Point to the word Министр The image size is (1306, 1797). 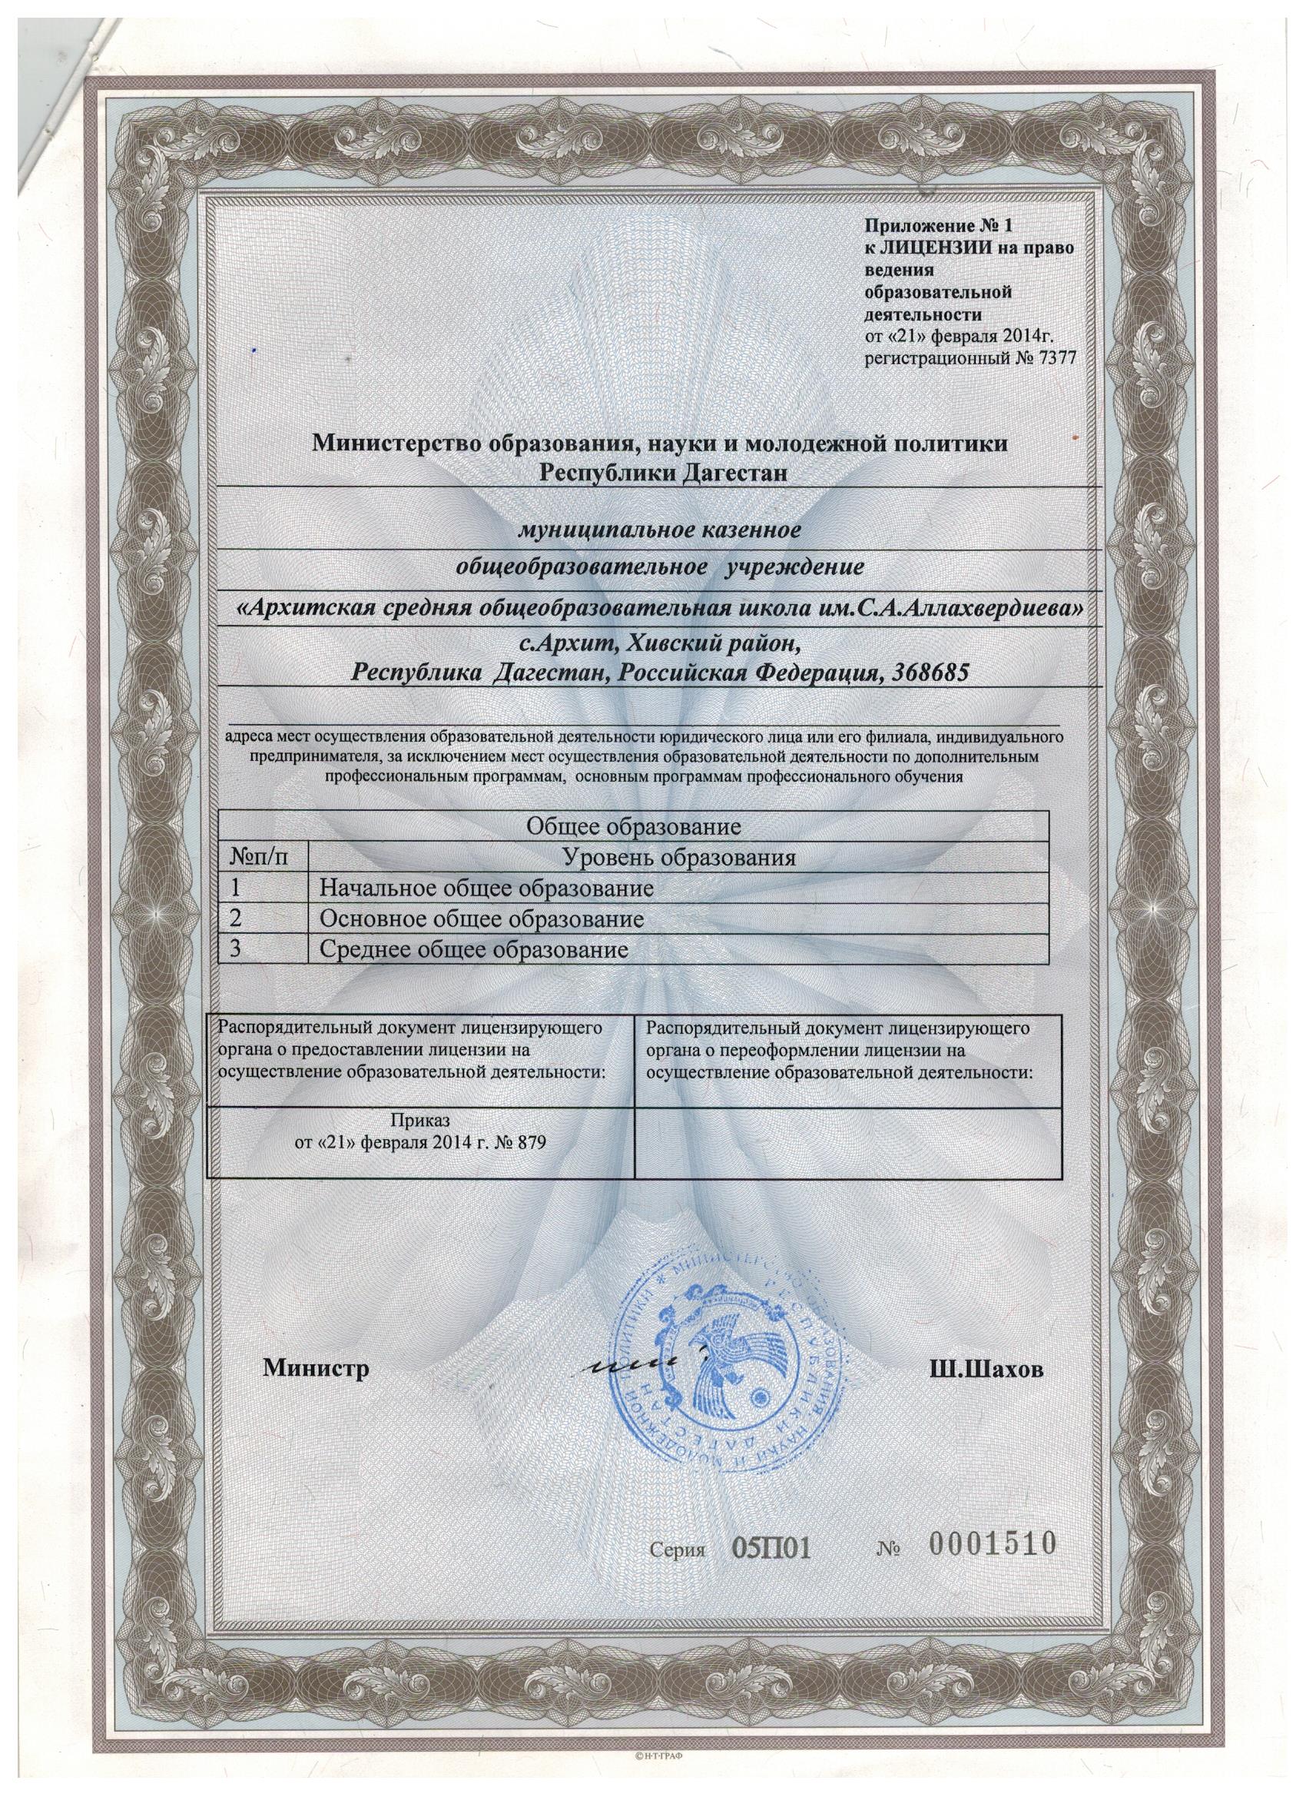click(x=317, y=1370)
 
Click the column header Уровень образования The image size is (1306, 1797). click(x=678, y=858)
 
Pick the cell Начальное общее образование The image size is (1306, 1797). click(x=486, y=889)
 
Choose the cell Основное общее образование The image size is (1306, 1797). click(x=480, y=919)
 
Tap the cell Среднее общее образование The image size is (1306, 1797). click(x=473, y=949)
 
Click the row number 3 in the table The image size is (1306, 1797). click(x=236, y=949)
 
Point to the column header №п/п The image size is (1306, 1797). click(x=256, y=858)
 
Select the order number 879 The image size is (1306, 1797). click(x=530, y=1144)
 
